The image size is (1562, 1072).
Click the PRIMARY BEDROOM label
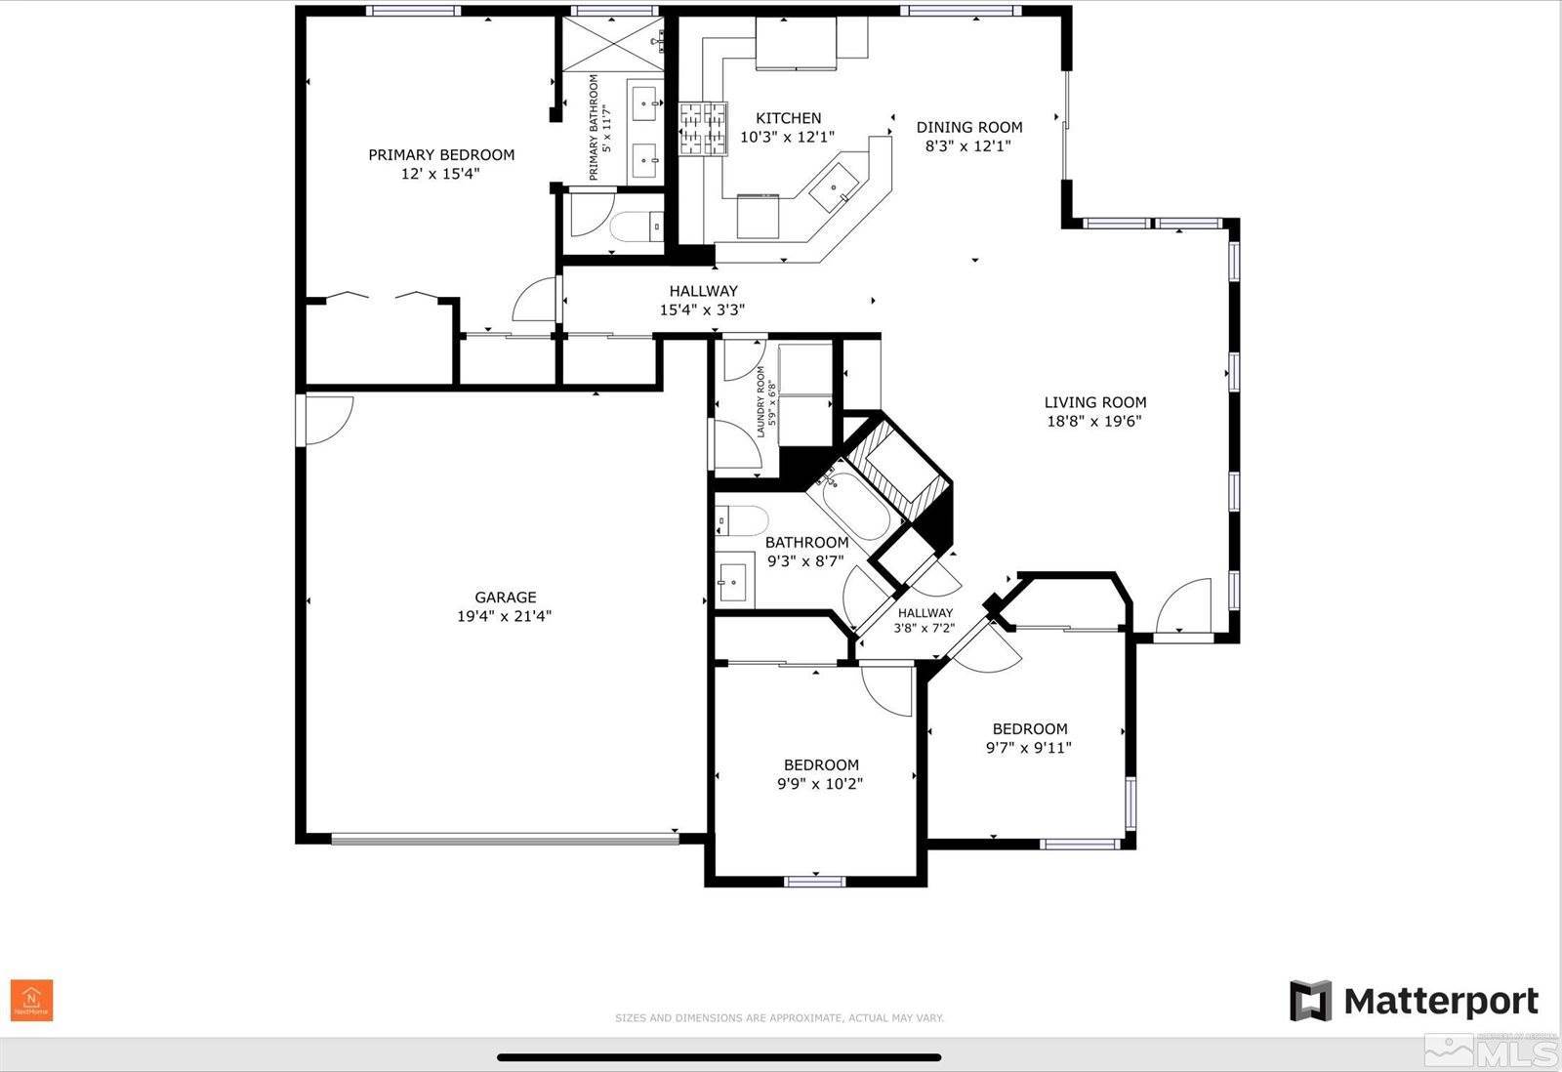(441, 154)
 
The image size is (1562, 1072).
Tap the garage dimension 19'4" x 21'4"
(505, 616)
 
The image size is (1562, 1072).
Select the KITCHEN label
(788, 118)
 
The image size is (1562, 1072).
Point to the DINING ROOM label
(968, 127)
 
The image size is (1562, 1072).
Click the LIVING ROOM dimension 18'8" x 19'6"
(1094, 422)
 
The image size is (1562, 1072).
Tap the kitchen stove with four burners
(704, 129)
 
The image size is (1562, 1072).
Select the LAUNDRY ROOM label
(760, 401)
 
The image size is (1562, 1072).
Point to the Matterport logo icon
(1310, 1001)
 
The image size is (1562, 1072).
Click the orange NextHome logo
(31, 1001)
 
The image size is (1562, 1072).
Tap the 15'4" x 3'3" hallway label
(703, 301)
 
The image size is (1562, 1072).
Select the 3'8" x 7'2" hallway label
(925, 621)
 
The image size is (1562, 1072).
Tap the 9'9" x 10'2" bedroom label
(821, 774)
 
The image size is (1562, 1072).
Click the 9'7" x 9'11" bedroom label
(1029, 738)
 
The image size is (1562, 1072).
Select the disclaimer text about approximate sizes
(779, 1018)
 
